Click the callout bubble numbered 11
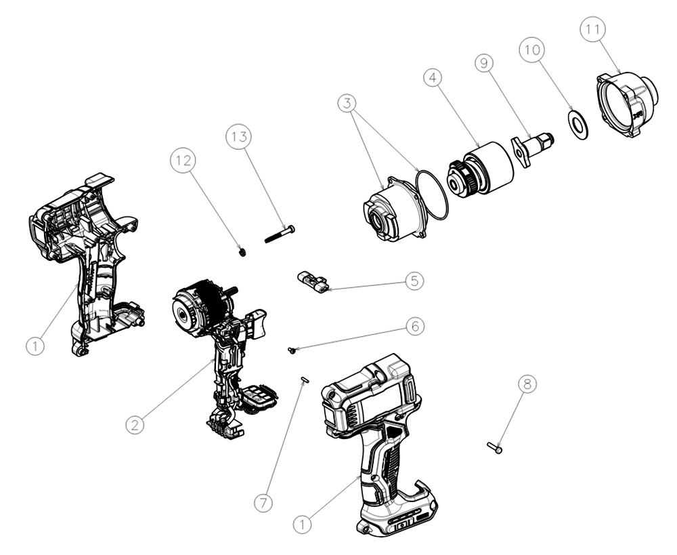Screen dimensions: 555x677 594,30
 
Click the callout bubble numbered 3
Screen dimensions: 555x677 349,104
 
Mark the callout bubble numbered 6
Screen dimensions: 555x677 416,325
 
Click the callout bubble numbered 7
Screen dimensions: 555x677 264,503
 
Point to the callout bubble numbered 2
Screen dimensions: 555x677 135,425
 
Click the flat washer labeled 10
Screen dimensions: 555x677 577,125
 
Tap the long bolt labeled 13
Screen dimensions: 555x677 279,234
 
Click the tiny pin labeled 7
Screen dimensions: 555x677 305,380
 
